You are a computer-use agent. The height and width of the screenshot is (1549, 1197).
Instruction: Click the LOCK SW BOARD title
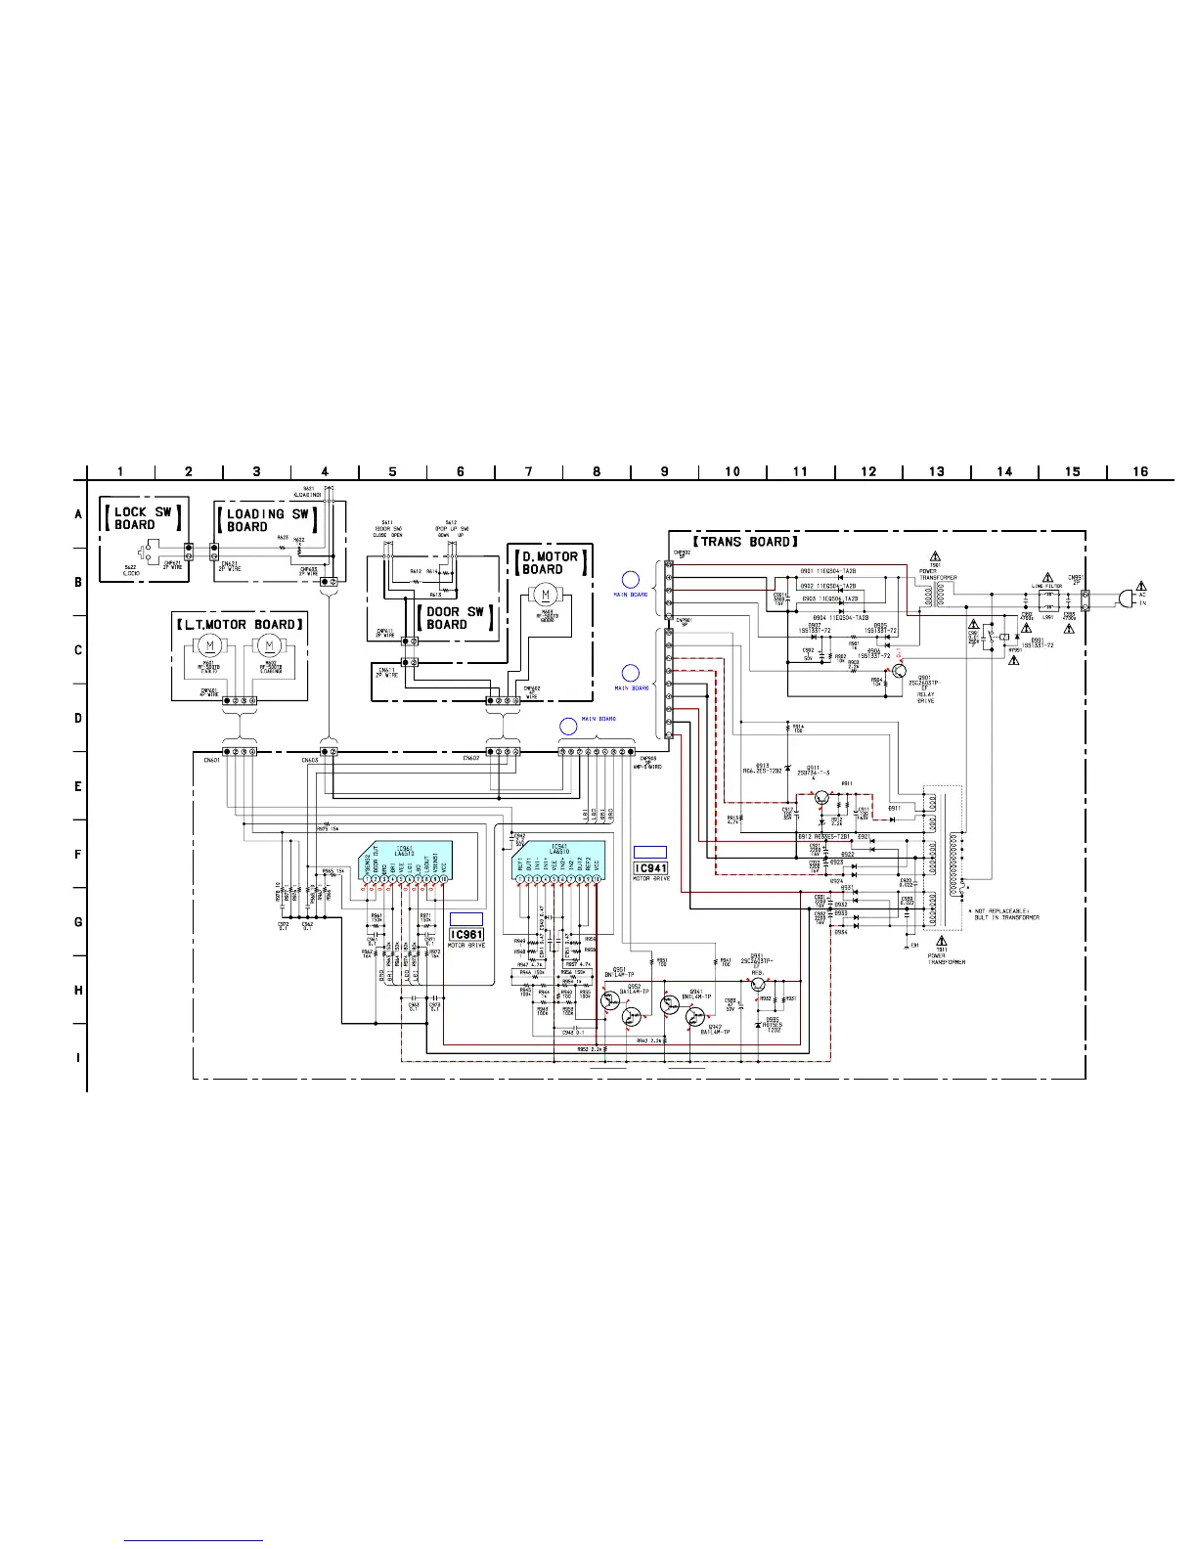coord(142,518)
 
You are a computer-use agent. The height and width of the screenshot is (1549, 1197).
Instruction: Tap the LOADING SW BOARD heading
coord(267,520)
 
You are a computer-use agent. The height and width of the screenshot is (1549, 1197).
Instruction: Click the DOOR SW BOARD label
coord(455,618)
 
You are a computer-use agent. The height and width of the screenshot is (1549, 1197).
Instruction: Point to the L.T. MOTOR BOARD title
coord(239,625)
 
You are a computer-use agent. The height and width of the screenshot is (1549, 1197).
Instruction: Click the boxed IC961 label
coord(466,935)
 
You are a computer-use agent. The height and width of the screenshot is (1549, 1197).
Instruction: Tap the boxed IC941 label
coord(651,868)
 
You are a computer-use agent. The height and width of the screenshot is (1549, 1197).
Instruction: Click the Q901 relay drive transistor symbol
coord(899,671)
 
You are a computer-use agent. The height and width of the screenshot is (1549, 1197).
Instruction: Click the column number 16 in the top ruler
coord(1140,471)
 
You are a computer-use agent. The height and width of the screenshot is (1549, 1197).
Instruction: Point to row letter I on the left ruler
coord(79,1058)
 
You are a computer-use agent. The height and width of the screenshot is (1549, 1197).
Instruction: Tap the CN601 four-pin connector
coord(239,752)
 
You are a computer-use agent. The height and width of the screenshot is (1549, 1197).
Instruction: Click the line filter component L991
coord(1048,597)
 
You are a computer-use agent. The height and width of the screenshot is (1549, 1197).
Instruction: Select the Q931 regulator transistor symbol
coord(758,986)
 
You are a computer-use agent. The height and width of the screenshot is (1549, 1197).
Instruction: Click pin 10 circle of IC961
coord(444,879)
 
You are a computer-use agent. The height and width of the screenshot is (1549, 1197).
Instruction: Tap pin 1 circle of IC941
coord(519,879)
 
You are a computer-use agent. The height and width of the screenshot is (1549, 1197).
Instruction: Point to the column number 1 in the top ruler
coord(120,471)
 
